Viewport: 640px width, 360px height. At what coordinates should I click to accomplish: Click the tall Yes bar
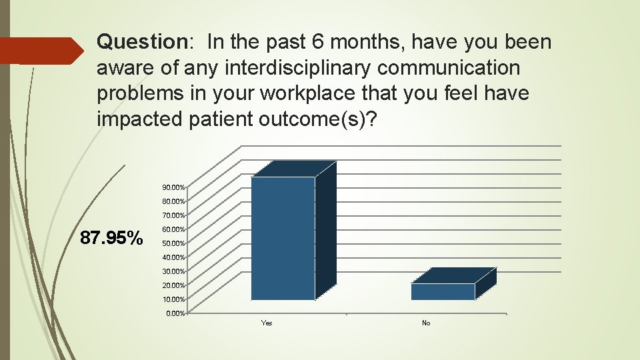pos(283,237)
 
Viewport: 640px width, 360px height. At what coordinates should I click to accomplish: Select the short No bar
pos(443,291)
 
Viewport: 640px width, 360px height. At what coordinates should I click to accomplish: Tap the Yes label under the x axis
pos(267,323)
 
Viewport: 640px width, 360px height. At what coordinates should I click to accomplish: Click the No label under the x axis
pos(426,323)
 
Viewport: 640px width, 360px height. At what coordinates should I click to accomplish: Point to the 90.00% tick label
pos(173,187)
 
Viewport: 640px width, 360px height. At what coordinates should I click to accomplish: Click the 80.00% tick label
pos(173,201)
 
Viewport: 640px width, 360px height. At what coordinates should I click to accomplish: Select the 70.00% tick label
pos(173,215)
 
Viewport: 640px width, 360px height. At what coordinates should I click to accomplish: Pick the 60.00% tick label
pos(173,229)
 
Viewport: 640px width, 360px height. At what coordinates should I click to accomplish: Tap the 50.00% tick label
pos(173,243)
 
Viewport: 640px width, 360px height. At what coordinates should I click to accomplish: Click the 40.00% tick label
pos(173,257)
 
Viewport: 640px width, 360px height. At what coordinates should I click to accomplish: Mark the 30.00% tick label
pos(173,271)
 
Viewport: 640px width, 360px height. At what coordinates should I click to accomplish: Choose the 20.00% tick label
pos(173,285)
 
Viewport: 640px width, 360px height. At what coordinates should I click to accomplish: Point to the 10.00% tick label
pos(173,299)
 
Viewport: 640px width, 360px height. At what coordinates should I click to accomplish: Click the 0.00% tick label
pos(175,313)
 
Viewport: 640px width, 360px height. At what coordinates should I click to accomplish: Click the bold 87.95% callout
pos(111,238)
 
